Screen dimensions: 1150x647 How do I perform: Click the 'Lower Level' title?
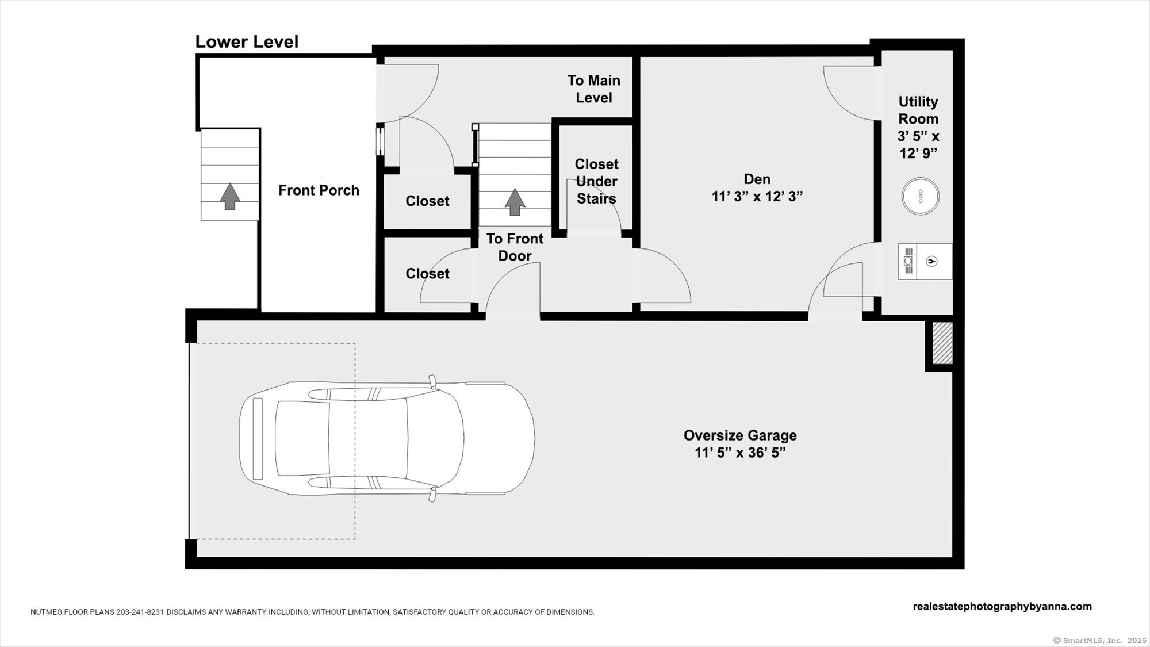[x=247, y=42]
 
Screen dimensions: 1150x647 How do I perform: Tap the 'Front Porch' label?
[x=319, y=190]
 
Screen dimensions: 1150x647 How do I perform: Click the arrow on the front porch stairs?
[x=230, y=196]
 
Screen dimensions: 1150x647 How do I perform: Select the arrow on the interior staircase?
[x=515, y=202]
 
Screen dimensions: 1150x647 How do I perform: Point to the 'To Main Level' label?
[x=594, y=89]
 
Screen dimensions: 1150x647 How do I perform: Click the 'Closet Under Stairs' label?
[x=596, y=181]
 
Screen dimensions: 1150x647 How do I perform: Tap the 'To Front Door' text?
[x=515, y=247]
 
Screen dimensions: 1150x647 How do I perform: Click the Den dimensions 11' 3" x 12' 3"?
[x=757, y=197]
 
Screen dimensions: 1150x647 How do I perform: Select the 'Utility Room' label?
[x=918, y=110]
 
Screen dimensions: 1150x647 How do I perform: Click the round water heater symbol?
[x=920, y=196]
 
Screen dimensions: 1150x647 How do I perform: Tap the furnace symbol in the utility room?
[x=925, y=261]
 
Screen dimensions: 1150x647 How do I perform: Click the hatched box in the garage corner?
[x=942, y=343]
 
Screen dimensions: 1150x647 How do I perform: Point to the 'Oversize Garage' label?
[x=740, y=435]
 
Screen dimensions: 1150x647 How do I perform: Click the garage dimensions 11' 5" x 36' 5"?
[x=740, y=453]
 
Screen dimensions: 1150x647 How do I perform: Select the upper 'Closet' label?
[x=427, y=201]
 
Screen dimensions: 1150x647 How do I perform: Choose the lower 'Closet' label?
[x=427, y=274]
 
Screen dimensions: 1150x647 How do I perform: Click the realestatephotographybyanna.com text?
[x=1002, y=607]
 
